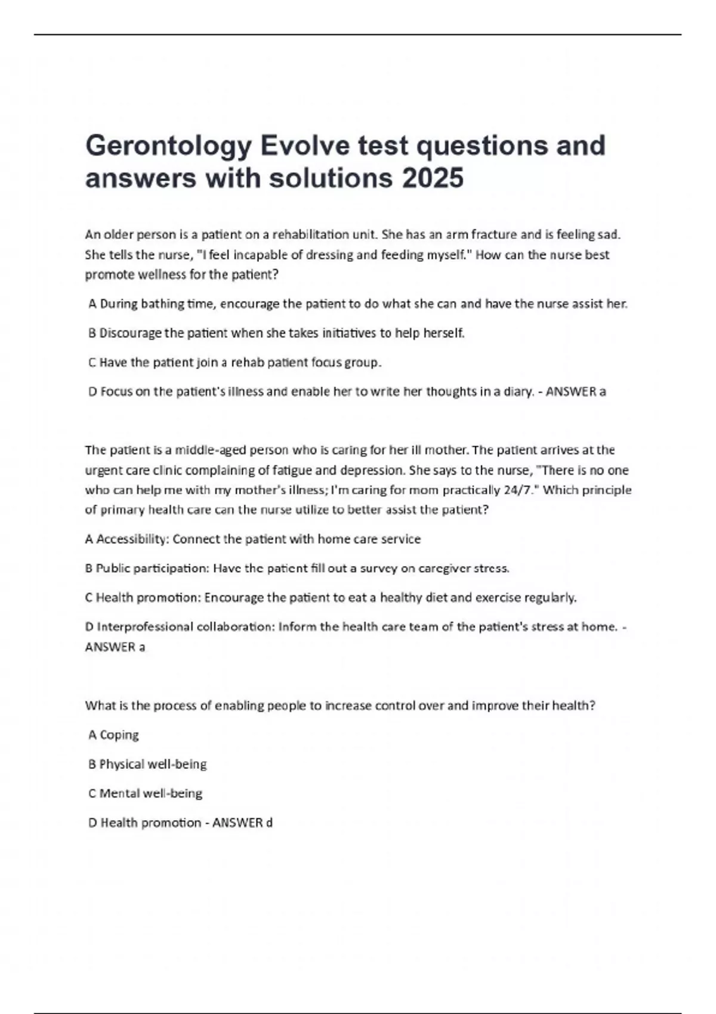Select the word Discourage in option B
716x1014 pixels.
(x=130, y=333)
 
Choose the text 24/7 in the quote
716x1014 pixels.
(x=518, y=490)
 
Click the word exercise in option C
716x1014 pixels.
(x=498, y=598)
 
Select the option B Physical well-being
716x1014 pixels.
(x=147, y=764)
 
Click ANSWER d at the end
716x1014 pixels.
(x=242, y=823)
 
